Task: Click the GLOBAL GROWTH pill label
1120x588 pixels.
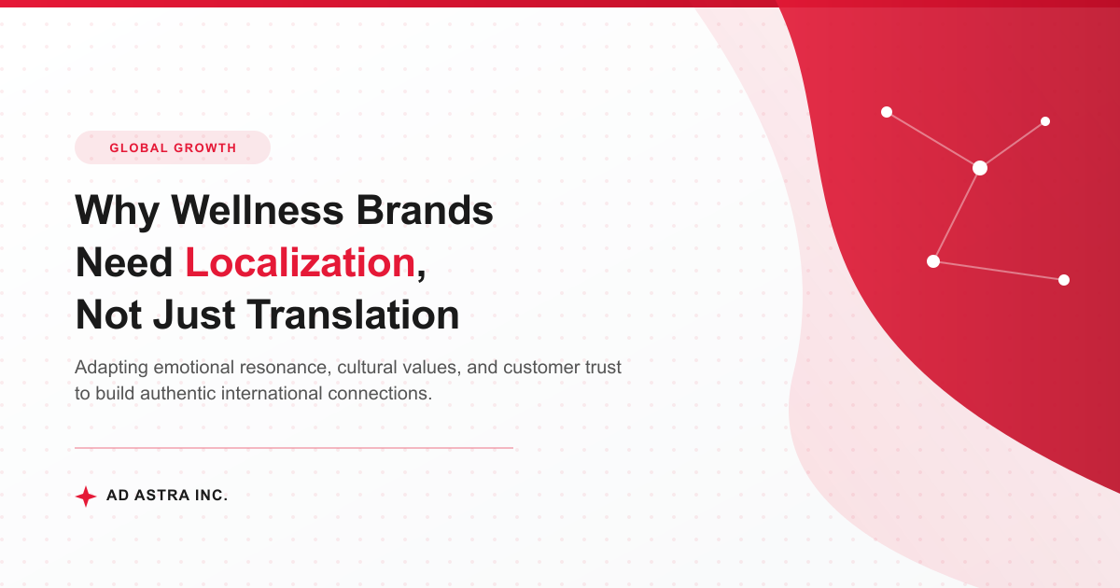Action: tap(173, 148)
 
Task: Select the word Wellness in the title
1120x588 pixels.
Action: tap(257, 210)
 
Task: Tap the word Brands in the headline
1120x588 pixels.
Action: tap(425, 210)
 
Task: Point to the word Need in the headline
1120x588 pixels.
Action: tap(124, 262)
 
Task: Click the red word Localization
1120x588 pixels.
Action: tap(300, 262)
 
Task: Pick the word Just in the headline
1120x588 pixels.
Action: tap(194, 315)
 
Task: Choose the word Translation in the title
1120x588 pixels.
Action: tap(353, 315)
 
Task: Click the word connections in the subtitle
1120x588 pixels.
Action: tap(380, 394)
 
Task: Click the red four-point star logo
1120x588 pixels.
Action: tap(86, 497)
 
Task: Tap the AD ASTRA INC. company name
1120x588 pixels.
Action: tap(167, 496)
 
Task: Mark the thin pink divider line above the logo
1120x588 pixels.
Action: tap(294, 448)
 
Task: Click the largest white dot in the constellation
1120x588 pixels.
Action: tap(980, 168)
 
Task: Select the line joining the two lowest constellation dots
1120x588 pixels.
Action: tap(999, 271)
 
